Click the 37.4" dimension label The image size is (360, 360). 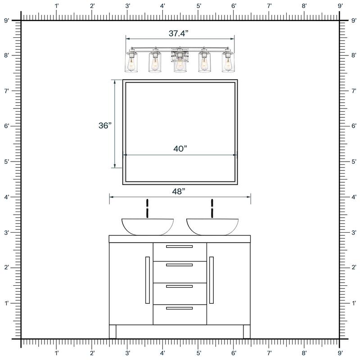tap(178, 33)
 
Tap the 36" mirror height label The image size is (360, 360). tap(105, 126)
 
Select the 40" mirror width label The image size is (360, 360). tap(180, 149)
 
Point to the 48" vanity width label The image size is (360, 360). tap(179, 191)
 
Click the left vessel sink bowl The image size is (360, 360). tap(148, 227)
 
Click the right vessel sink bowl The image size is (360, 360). tap(212, 227)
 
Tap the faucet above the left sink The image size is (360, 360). tap(148, 208)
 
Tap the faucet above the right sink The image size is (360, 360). tap(212, 208)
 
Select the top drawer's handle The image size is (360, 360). tap(179, 247)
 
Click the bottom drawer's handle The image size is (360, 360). tap(179, 308)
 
